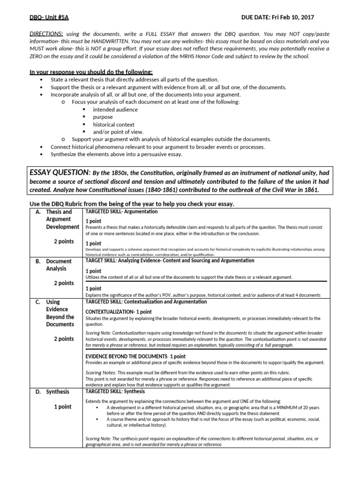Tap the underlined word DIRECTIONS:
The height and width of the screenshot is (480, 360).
click(x=46, y=34)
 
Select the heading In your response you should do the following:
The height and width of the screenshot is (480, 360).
click(x=91, y=72)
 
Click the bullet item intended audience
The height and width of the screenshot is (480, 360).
click(x=115, y=110)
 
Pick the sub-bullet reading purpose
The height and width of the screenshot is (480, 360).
click(x=103, y=117)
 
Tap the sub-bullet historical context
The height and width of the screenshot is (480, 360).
click(x=113, y=125)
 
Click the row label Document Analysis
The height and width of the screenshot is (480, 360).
click(x=59, y=265)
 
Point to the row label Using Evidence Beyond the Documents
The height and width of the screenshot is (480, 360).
click(x=60, y=313)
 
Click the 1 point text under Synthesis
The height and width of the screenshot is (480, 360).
click(x=62, y=407)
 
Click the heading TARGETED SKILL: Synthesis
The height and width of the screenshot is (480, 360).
click(x=115, y=391)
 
